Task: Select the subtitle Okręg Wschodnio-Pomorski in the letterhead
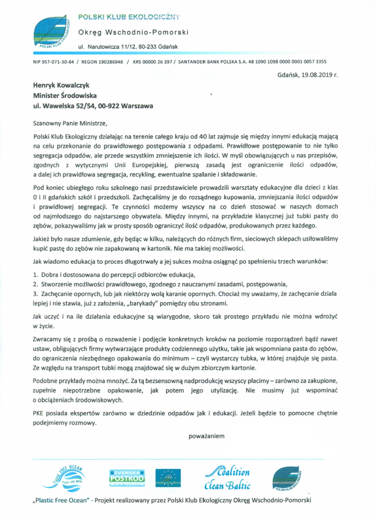(133, 33)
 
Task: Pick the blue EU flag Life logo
(168, 477)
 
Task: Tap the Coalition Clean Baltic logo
(226, 477)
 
